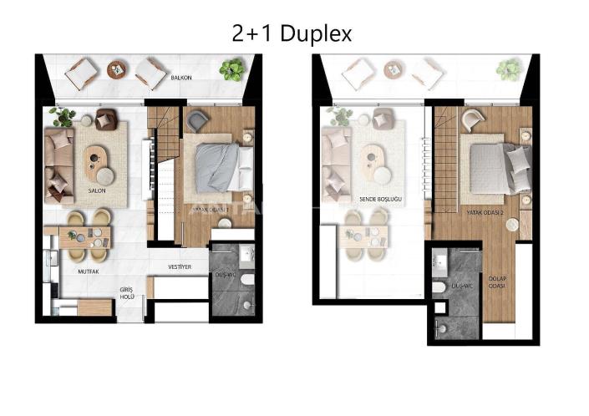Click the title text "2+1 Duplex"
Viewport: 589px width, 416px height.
click(292, 33)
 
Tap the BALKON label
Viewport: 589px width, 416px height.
click(182, 77)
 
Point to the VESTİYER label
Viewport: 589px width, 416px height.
click(181, 267)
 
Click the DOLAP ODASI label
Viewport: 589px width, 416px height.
click(498, 281)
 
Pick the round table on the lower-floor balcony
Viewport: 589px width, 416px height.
click(117, 69)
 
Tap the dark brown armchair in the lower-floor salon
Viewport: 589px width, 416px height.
click(104, 119)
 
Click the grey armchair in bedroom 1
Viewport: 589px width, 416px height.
click(197, 121)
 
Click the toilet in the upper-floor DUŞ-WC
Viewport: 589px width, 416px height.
click(439, 287)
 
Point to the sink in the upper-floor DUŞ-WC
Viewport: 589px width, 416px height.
click(439, 262)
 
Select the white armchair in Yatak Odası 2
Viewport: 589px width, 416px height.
click(472, 120)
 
